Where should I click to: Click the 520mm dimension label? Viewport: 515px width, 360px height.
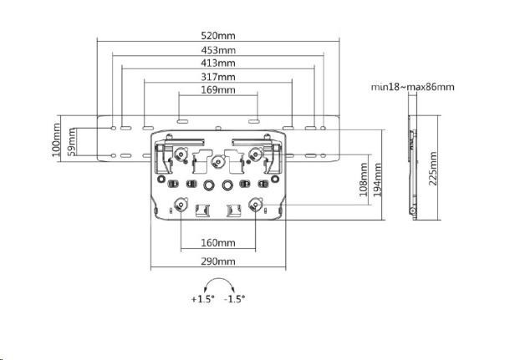pyautogui.click(x=218, y=37)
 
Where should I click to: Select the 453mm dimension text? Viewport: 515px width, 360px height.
pyautogui.click(x=218, y=50)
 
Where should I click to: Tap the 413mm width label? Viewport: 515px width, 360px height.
pyautogui.click(x=218, y=63)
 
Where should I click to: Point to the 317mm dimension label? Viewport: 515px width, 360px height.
pyautogui.click(x=218, y=76)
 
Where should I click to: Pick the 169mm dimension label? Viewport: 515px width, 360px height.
pyautogui.click(x=218, y=89)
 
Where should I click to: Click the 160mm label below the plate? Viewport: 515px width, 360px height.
pyautogui.click(x=218, y=243)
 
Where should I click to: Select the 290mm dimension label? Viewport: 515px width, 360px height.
pyautogui.click(x=218, y=261)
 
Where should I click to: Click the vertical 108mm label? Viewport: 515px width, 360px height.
pyautogui.click(x=364, y=178)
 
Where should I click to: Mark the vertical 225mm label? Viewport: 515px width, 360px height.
pyautogui.click(x=432, y=170)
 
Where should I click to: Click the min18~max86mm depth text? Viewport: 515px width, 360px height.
pyautogui.click(x=413, y=87)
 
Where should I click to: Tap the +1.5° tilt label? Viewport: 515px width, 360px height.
pyautogui.click(x=202, y=298)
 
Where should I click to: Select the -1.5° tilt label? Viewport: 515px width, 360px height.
pyautogui.click(x=234, y=298)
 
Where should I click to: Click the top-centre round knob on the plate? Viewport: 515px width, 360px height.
pyautogui.click(x=217, y=160)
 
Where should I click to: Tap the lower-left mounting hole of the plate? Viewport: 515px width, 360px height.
pyautogui.click(x=181, y=202)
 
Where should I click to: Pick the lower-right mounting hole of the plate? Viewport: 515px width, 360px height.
pyautogui.click(x=257, y=202)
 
